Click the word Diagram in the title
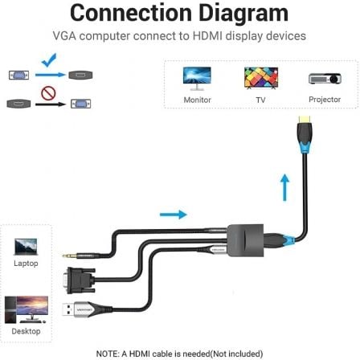[x=243, y=14]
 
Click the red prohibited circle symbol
[x=47, y=96]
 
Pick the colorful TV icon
[x=260, y=77]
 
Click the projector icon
[x=325, y=78]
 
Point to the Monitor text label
[x=197, y=100]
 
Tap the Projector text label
[x=325, y=100]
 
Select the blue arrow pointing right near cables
[x=173, y=215]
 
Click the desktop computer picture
[x=26, y=309]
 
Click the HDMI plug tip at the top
[x=304, y=128]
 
